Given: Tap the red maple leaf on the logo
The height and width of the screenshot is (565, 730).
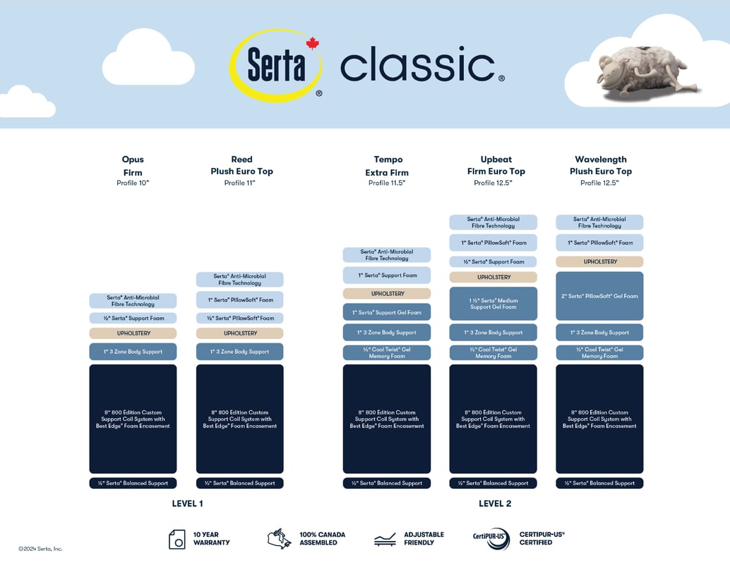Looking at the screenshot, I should [312, 44].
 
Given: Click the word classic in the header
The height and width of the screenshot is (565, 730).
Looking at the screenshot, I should [417, 66].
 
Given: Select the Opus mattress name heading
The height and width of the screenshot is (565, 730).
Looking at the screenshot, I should [133, 160].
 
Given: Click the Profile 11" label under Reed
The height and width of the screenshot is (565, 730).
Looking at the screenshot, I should [239, 183].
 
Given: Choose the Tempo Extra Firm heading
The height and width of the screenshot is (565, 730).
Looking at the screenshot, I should [386, 166].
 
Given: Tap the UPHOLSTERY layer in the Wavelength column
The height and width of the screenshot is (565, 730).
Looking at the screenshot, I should [599, 261].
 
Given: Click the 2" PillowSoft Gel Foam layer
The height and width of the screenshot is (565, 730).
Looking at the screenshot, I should [599, 296].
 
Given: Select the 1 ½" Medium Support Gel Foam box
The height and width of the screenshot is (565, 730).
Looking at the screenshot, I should [493, 304].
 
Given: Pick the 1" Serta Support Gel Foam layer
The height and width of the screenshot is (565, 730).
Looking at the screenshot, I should [386, 312].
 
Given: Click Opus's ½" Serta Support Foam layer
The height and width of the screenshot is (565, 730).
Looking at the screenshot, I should [133, 319].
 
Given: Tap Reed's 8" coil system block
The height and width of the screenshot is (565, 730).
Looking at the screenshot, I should [239, 419].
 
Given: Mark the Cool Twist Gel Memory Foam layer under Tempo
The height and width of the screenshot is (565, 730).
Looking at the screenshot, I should [386, 352].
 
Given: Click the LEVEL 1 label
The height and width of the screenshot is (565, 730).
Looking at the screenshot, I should [187, 504].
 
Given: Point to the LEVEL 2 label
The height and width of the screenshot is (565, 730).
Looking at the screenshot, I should [494, 504].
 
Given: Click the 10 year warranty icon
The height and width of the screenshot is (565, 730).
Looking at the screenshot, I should [177, 539].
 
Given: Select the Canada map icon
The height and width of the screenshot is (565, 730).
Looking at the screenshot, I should [279, 538].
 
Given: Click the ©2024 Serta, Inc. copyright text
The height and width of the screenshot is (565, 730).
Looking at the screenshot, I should [40, 549].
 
